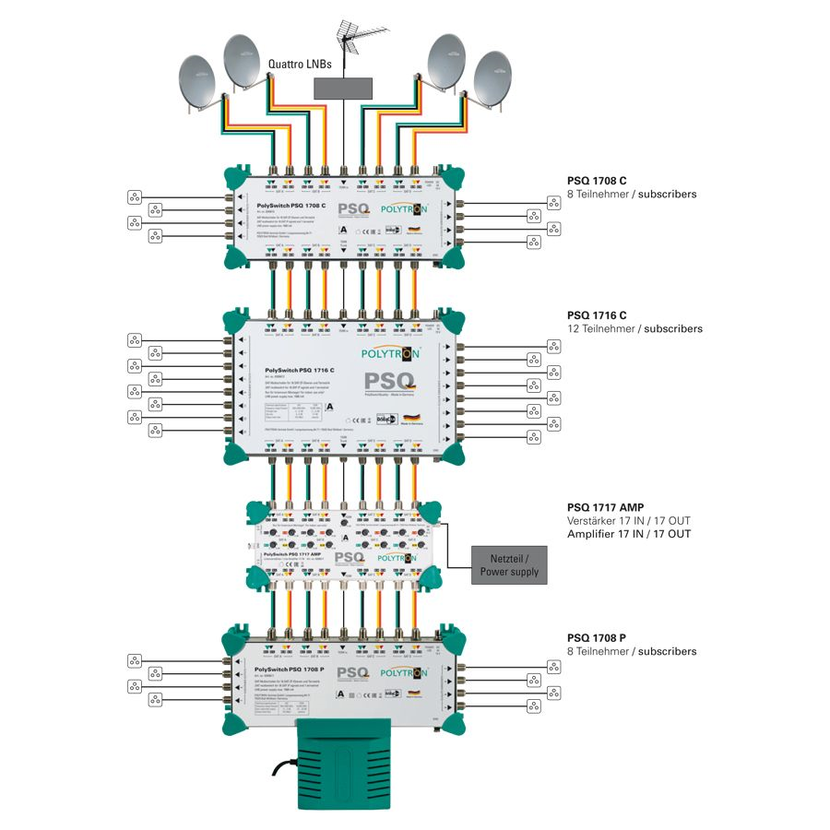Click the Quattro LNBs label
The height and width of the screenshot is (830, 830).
(301, 65)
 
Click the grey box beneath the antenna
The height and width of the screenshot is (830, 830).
(343, 88)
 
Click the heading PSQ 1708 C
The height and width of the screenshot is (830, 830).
(598, 182)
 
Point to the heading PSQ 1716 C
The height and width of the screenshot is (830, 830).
(598, 315)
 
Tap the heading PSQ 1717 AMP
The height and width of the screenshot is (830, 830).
(605, 507)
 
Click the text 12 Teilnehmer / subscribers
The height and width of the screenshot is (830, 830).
(634, 329)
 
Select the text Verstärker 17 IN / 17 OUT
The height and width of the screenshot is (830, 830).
(629, 521)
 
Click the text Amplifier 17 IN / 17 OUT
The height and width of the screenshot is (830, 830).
(629, 534)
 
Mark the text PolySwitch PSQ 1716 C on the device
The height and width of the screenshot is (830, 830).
(292, 371)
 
